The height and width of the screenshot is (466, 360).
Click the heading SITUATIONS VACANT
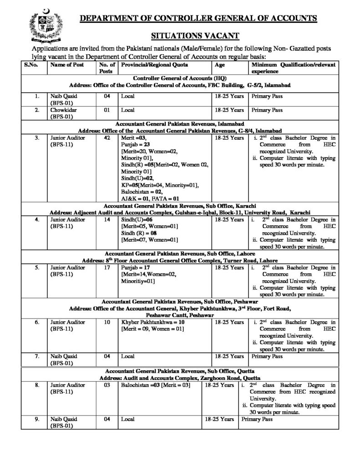click(x=195, y=36)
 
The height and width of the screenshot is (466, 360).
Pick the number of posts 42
click(x=107, y=137)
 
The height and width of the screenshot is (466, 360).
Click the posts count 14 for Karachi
click(x=107, y=220)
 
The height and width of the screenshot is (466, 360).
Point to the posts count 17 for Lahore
click(x=107, y=268)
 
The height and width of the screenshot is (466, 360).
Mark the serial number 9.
click(x=35, y=419)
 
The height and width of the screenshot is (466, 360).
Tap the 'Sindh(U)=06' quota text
click(x=136, y=220)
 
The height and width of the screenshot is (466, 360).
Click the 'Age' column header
click(x=219, y=65)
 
